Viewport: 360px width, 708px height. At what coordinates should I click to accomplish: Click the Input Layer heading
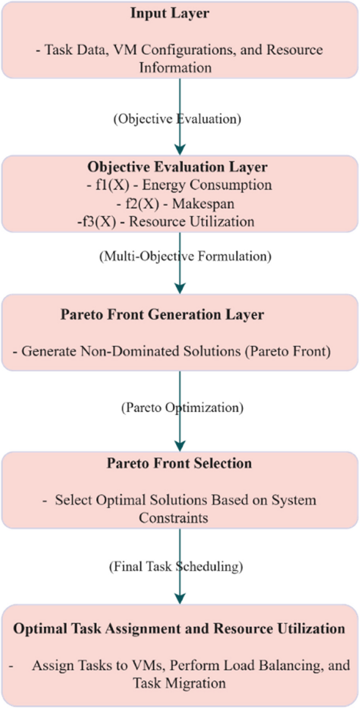click(x=169, y=14)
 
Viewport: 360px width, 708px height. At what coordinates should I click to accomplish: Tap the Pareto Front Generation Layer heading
click(x=162, y=315)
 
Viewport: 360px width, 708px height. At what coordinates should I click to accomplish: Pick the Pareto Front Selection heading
click(x=180, y=463)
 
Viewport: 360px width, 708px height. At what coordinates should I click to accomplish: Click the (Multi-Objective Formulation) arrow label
click(x=184, y=257)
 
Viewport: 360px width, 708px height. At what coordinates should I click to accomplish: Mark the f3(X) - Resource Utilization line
click(x=165, y=221)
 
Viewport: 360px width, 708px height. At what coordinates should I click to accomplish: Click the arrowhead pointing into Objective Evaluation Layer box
click(x=180, y=150)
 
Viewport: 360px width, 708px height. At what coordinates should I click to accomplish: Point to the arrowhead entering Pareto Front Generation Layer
click(x=180, y=288)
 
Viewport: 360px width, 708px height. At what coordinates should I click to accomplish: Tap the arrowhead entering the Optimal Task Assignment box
click(x=180, y=599)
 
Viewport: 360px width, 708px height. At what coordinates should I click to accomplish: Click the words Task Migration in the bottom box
click(x=180, y=683)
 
